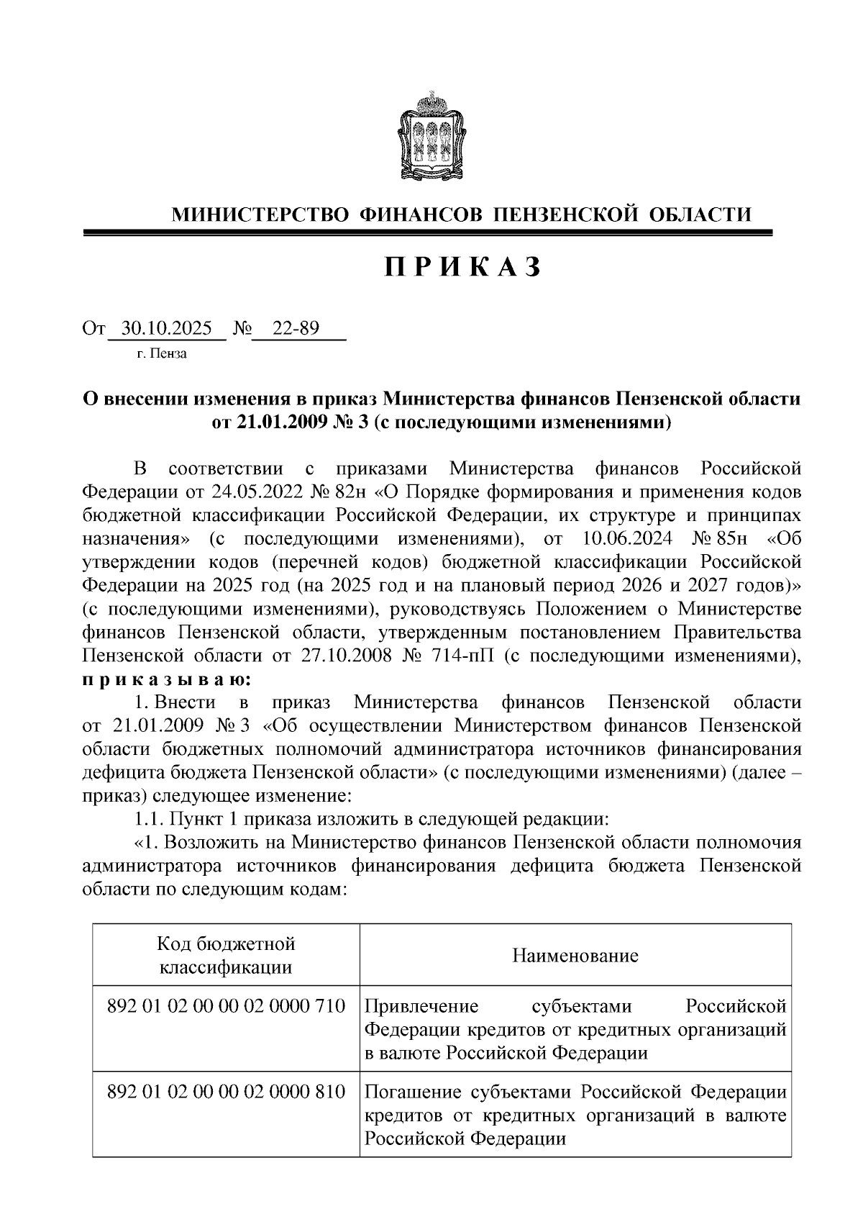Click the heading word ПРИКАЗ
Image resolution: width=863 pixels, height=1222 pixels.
coord(462,267)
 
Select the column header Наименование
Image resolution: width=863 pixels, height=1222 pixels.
coord(575,956)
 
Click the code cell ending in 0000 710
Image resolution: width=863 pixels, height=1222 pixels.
coord(226,1005)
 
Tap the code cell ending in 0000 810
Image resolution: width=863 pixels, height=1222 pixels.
coord(226,1092)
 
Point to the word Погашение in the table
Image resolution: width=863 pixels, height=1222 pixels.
coord(413,1092)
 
